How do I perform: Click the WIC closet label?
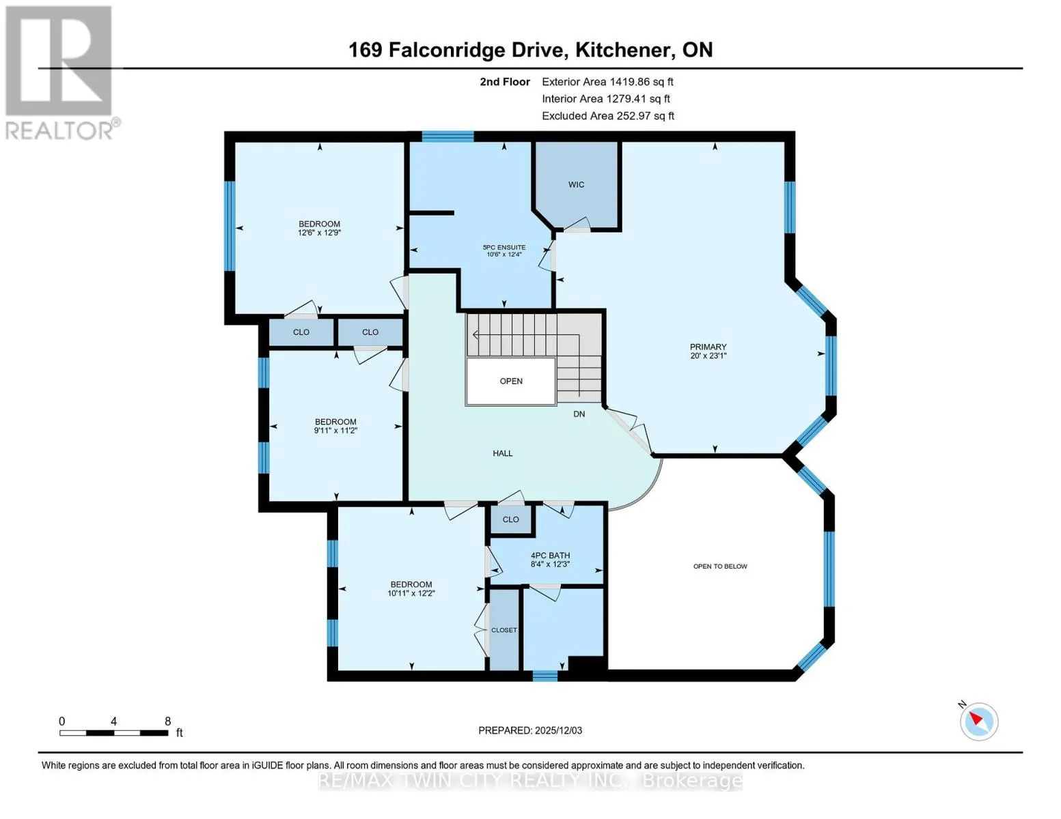(x=576, y=184)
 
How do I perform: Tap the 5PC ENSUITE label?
(x=504, y=247)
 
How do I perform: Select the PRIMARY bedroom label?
(x=708, y=347)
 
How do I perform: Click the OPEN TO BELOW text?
(x=720, y=566)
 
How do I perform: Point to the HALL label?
(x=502, y=453)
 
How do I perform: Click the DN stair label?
(x=579, y=414)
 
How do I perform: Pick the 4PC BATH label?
(x=550, y=555)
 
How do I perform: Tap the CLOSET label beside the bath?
(x=504, y=630)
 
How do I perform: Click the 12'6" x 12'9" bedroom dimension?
(x=319, y=233)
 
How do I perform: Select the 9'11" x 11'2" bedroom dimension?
(x=335, y=431)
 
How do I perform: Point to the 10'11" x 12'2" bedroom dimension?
(x=411, y=593)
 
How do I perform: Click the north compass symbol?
(x=978, y=721)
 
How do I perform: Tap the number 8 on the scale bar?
(x=167, y=721)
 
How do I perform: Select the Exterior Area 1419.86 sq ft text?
(x=607, y=82)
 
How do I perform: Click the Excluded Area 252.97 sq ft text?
(x=608, y=116)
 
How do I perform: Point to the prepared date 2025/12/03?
(x=559, y=730)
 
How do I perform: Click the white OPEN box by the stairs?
(x=511, y=381)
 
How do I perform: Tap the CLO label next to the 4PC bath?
(x=511, y=519)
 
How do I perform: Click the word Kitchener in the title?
(x=623, y=50)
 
